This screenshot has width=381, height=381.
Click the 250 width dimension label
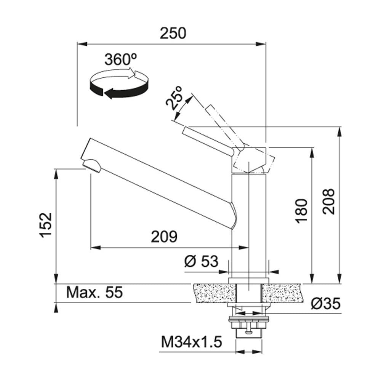tap(173, 33)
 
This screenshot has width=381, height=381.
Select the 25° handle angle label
tap(174, 98)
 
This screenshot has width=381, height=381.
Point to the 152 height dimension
tap(46, 225)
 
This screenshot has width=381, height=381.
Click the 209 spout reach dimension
tap(164, 237)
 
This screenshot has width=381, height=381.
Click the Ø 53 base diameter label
tap(201, 261)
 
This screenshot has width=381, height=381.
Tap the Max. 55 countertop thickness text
tap(94, 292)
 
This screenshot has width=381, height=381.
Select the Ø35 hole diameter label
tap(326, 304)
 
